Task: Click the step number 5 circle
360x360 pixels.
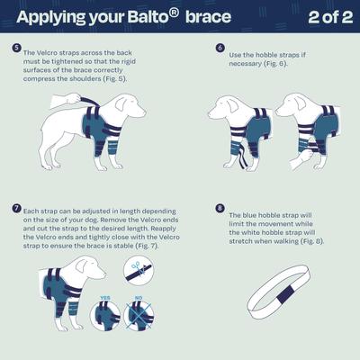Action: (x=16, y=48)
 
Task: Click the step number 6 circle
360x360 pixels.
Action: (x=220, y=48)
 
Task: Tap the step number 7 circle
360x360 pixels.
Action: (x=16, y=208)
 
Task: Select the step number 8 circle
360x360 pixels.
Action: (x=220, y=208)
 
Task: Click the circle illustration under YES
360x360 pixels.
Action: (x=105, y=316)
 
